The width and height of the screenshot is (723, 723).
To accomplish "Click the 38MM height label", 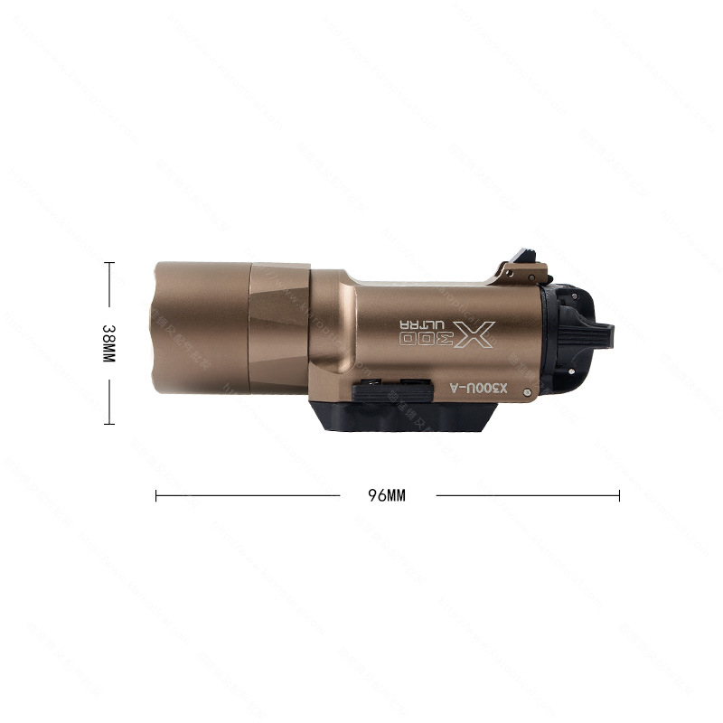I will pyautogui.click(x=108, y=344).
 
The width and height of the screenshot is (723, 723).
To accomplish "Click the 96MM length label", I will pyautogui.click(x=387, y=495).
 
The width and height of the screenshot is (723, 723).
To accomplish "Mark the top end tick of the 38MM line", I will pyautogui.click(x=109, y=263).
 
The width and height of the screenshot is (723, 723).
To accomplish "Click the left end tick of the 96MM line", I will pyautogui.click(x=156, y=495).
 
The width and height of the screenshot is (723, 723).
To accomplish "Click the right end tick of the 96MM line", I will pyautogui.click(x=620, y=495).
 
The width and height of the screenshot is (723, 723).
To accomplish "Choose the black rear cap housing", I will pyautogui.click(x=565, y=339).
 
